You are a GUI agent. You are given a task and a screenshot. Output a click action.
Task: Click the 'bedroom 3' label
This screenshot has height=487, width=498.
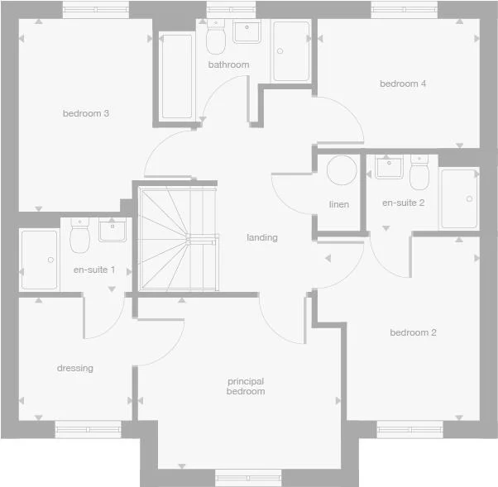tap(86, 113)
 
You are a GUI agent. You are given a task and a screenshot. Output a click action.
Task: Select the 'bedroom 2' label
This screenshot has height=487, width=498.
tap(413, 332)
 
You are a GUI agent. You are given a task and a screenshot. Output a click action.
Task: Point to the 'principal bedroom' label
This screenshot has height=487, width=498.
tap(246, 386)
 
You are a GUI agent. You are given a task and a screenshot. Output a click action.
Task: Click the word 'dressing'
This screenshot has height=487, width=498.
tap(75, 368)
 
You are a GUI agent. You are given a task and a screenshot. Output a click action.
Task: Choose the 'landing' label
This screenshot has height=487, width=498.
tap(262, 237)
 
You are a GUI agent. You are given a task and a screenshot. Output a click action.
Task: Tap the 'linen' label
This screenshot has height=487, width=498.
tap(339, 204)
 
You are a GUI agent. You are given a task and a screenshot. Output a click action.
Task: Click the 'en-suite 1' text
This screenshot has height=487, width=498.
tap(94, 270)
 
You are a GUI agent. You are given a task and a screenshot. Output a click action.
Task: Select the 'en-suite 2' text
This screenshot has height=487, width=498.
tap(403, 203)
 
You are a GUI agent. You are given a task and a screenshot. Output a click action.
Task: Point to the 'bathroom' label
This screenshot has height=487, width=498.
tap(228, 64)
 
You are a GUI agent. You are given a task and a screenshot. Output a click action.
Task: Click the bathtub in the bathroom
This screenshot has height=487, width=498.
tap(177, 77)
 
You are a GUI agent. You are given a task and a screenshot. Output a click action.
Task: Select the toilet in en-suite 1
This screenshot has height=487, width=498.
tap(80, 239)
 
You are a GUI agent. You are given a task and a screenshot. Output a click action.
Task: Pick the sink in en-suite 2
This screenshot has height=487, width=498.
tap(387, 168)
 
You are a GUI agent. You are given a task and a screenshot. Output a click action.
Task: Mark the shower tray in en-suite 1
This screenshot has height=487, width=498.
tap(39, 260)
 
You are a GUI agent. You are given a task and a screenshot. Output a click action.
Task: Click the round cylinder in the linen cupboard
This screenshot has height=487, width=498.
tap(340, 171)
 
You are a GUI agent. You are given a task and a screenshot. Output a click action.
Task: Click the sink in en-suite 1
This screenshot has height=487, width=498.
tap(111, 230)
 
